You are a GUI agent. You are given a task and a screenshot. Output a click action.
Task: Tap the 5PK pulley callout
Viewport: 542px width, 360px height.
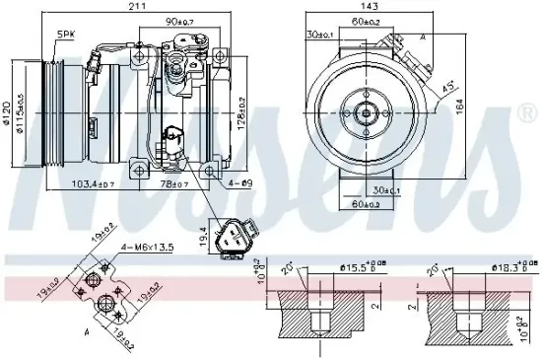pos(65,34)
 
